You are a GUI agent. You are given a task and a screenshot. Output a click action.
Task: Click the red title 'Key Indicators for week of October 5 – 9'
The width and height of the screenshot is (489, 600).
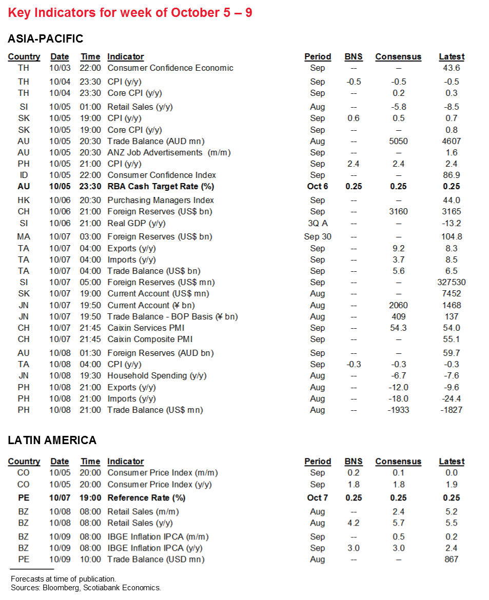coord(130,12)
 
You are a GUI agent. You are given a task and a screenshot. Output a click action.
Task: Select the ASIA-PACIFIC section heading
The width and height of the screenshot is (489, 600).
coord(45,38)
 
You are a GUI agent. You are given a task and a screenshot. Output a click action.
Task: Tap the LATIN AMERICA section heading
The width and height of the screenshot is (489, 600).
coord(52,440)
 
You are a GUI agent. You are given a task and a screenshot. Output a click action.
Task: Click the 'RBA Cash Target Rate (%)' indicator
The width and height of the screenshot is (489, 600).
coord(161,187)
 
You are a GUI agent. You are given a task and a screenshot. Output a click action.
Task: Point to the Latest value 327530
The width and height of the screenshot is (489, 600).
coord(452,283)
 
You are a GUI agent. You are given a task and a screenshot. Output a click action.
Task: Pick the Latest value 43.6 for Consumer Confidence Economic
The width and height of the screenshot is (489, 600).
coord(452,68)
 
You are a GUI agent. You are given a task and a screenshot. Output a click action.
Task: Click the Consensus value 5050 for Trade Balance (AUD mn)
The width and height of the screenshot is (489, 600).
coord(398,141)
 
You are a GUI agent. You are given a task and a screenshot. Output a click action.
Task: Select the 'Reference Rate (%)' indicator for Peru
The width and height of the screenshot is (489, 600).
coord(146,498)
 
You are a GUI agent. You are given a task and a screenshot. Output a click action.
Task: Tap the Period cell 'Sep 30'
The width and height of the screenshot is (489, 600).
coord(318,237)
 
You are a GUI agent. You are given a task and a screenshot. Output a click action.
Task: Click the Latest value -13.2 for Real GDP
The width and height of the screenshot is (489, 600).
coord(452,223)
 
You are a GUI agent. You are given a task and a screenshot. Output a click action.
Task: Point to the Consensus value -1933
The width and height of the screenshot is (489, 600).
coord(398,410)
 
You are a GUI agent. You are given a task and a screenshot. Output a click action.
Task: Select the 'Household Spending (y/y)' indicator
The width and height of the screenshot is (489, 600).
coord(157,376)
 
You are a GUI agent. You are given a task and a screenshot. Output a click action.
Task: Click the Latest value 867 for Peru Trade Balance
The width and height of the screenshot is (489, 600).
coord(452,559)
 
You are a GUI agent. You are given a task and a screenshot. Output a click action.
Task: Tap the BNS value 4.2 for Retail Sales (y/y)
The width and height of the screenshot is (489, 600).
coord(353,523)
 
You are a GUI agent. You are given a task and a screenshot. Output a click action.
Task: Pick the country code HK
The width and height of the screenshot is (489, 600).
coord(24,201)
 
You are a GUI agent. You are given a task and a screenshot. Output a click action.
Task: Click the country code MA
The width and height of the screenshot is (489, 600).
coord(24,237)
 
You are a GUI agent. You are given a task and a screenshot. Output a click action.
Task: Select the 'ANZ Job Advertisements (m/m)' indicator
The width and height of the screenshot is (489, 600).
coord(169,152)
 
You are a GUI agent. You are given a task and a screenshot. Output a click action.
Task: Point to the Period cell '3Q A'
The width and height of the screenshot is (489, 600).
coord(318,223)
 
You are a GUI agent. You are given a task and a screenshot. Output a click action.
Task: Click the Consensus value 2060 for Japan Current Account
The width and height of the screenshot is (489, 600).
coord(398,305)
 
